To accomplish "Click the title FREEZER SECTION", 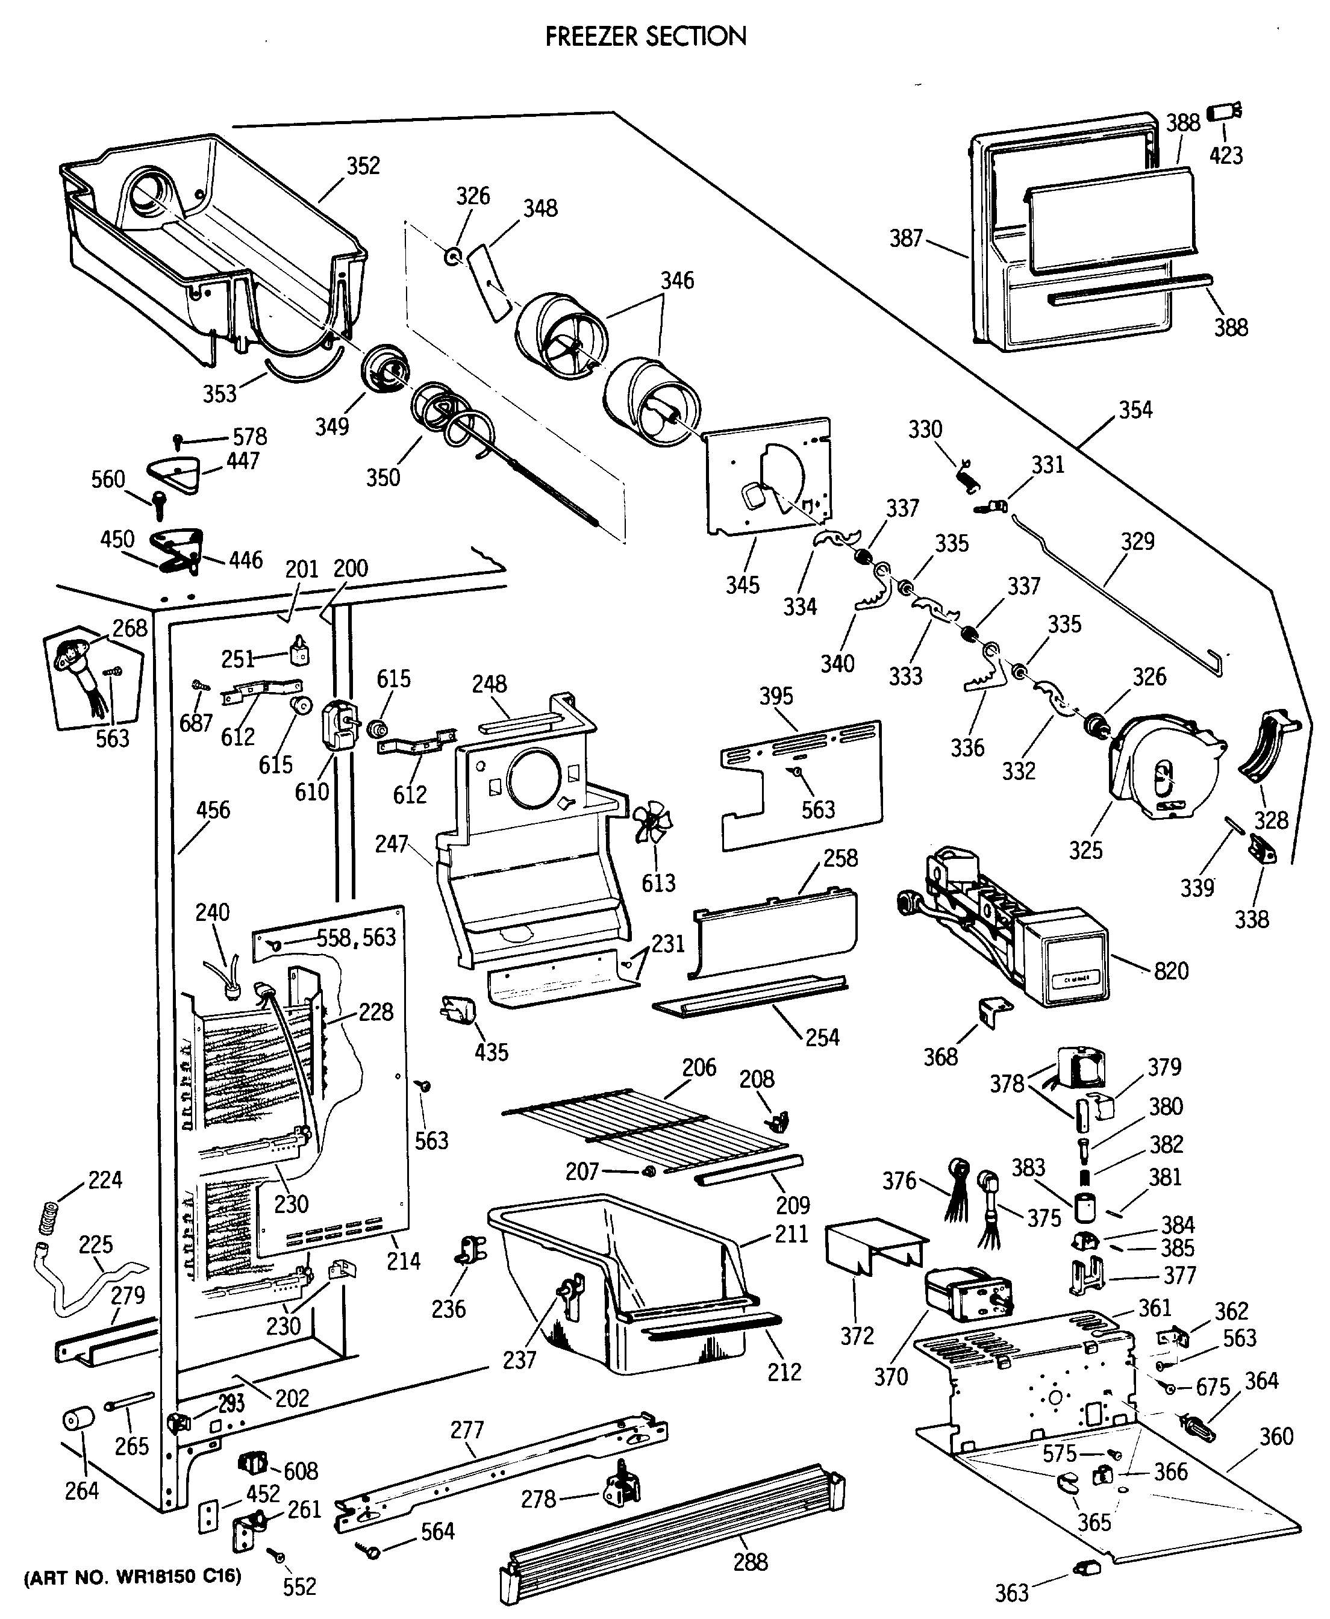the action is point(645,36).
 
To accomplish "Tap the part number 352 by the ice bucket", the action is point(363,166).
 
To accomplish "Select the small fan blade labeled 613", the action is point(652,822).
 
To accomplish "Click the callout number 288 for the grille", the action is point(750,1562).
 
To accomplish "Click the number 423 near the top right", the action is point(1226,155).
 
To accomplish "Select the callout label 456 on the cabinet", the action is point(213,810).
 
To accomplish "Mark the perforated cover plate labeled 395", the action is point(801,785).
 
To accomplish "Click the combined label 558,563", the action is point(356,937).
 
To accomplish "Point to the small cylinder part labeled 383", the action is point(1084,1208).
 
